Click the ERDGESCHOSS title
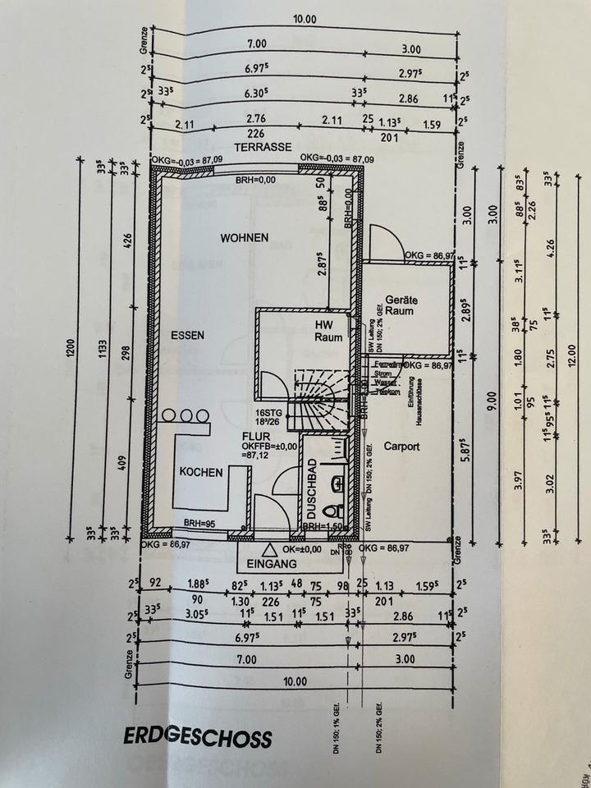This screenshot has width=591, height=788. tap(197, 737)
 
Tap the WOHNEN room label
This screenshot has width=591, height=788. tap(244, 238)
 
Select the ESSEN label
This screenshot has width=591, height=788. tap(187, 335)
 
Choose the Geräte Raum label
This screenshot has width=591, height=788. tap(402, 305)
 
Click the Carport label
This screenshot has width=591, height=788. tap(401, 447)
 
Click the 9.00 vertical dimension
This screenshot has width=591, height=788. tap(491, 402)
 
